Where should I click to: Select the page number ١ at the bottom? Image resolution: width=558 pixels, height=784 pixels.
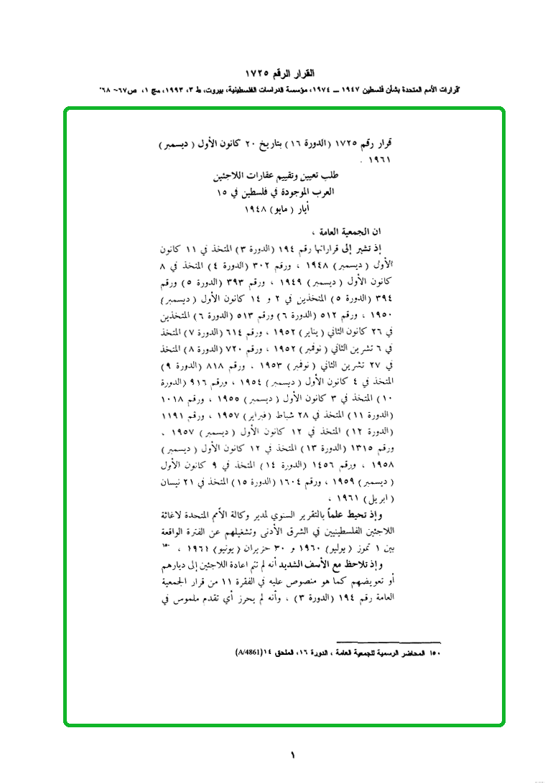click(x=292, y=754)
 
